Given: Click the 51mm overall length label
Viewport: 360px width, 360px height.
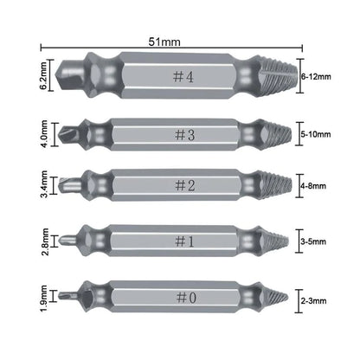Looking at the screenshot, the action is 164,42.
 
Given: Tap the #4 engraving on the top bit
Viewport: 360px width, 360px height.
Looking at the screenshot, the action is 183,77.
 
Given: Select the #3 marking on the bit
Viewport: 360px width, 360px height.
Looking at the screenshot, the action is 185,135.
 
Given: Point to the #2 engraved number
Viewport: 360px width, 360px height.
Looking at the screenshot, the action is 185,185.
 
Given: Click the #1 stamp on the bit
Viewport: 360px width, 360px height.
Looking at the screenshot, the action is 184,241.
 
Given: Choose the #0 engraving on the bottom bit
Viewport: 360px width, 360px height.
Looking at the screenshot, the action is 186,297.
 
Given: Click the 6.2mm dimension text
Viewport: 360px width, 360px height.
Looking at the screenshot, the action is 44,75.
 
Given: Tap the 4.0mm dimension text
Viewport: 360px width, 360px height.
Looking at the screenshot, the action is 44,134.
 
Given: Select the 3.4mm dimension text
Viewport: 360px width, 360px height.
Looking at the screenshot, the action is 44,184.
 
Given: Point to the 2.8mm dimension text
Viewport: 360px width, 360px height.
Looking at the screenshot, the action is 45,241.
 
